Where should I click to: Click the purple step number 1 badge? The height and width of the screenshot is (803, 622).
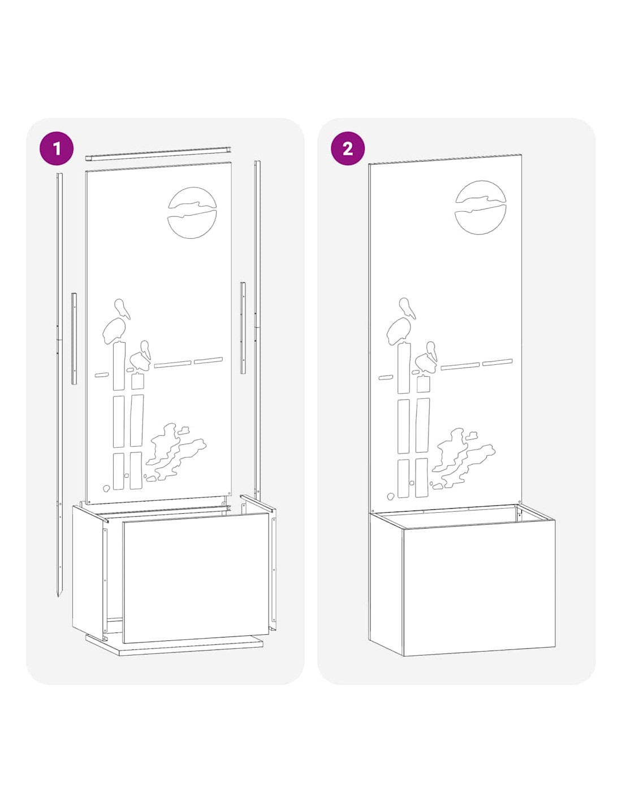coord(56,148)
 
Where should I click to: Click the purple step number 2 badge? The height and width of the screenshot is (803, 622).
coord(347,148)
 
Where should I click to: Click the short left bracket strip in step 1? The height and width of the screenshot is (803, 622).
coord(74,339)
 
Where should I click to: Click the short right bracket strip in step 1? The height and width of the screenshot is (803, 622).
coord(243,328)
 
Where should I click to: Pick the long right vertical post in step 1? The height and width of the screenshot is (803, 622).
coord(257,331)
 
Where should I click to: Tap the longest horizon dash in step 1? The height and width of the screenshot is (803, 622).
coord(172,364)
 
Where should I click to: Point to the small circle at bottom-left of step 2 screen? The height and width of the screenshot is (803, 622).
coord(390,496)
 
